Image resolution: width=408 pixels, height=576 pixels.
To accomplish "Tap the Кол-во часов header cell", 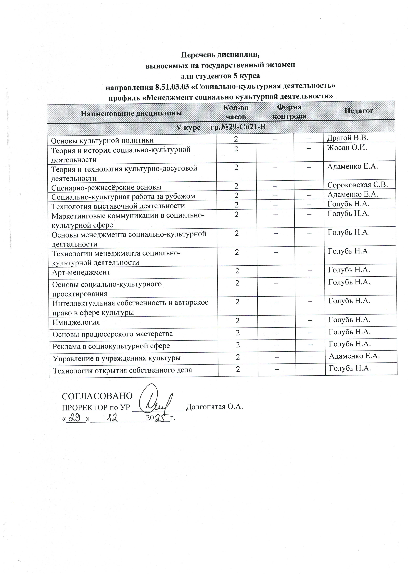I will tap(236, 112).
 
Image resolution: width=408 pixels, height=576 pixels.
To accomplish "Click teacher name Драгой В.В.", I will tap(347, 138).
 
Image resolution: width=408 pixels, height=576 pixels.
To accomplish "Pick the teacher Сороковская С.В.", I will tap(357, 185).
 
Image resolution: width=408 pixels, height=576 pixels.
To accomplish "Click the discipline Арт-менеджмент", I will tap(81, 272).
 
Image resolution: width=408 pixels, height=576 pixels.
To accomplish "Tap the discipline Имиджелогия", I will tap(76, 322).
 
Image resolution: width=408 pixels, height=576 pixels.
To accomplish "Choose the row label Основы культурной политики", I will tap(102, 140).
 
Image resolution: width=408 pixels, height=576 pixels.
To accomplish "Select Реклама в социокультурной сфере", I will tap(111, 346).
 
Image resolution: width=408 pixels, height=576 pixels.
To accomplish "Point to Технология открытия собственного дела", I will tap(122, 370).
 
